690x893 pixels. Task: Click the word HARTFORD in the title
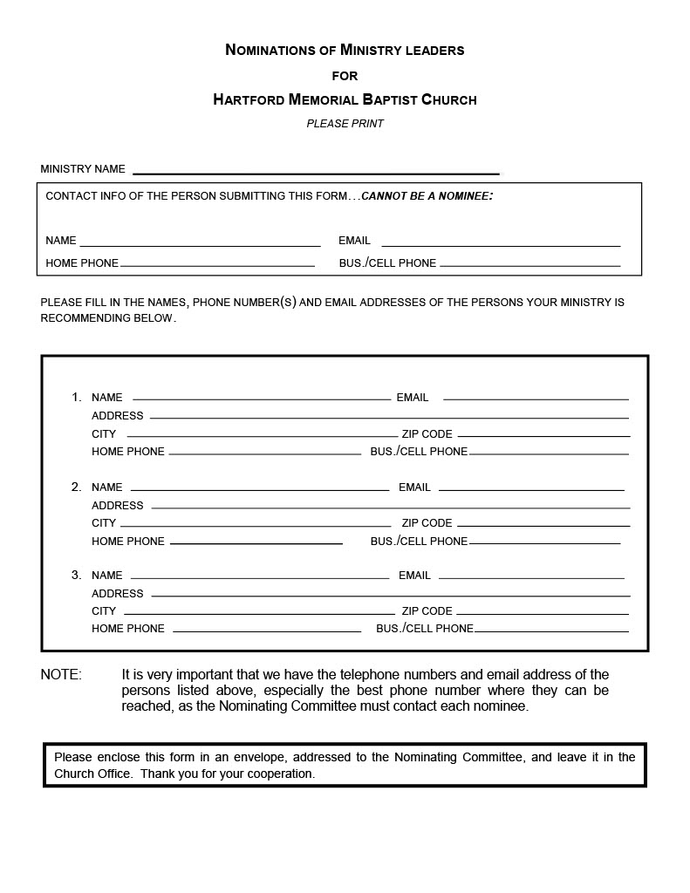click(249, 99)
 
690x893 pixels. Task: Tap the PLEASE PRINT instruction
click(345, 124)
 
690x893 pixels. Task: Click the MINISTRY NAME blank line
click(315, 173)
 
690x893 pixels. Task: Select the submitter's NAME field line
click(200, 245)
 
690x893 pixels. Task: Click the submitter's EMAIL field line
click(501, 245)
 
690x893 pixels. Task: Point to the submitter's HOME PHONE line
click(217, 265)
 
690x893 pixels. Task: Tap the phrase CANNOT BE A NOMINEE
click(427, 196)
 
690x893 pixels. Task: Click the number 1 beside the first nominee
click(77, 398)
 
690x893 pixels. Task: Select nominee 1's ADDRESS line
click(389, 419)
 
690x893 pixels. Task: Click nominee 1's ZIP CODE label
click(427, 433)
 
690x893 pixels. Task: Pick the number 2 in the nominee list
click(77, 487)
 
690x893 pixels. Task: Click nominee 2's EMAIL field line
click(531, 490)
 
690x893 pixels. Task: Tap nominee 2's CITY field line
click(255, 526)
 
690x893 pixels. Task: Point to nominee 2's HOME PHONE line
click(256, 544)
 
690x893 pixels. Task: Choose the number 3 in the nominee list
click(77, 576)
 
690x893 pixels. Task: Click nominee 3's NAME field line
click(259, 578)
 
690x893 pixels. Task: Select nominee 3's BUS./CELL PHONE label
click(425, 629)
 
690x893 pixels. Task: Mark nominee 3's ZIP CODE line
click(543, 614)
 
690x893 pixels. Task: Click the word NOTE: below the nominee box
click(61, 675)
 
